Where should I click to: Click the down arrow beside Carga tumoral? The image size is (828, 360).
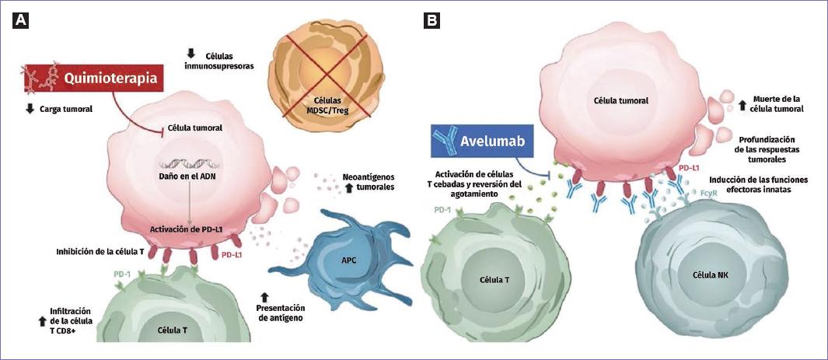coord(30,109)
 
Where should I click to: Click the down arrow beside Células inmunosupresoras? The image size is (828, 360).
coord(190,54)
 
